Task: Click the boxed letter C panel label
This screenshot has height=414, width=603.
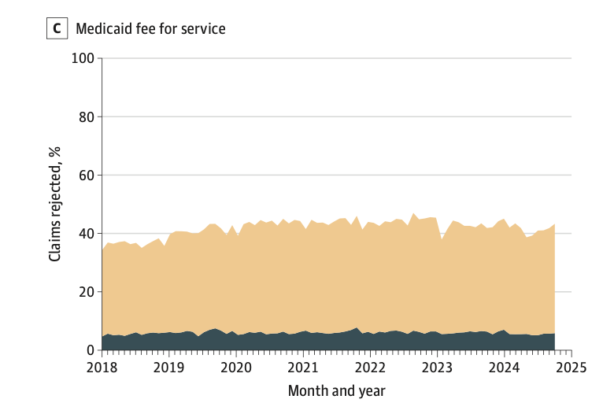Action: (x=57, y=28)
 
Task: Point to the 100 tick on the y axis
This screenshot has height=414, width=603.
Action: (x=83, y=58)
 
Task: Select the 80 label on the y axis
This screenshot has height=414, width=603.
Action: (x=87, y=116)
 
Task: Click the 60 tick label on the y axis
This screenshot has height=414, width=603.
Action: (x=87, y=176)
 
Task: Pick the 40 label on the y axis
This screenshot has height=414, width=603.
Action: (x=87, y=234)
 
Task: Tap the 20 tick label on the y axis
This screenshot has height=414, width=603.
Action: (x=87, y=292)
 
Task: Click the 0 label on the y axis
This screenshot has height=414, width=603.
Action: (x=91, y=350)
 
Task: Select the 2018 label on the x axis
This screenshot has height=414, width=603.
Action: (x=102, y=368)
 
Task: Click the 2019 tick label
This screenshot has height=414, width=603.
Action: (x=168, y=368)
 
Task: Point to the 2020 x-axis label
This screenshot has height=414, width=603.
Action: (x=236, y=368)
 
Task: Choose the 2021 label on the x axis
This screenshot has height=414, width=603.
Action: (x=303, y=368)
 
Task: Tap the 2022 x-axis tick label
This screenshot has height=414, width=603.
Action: (x=370, y=368)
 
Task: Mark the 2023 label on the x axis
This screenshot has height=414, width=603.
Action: (x=437, y=368)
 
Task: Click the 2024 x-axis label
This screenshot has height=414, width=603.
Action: (x=504, y=368)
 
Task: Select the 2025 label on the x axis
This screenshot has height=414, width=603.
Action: (x=572, y=368)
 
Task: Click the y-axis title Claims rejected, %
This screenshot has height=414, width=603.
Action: (x=55, y=204)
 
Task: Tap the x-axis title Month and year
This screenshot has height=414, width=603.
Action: (x=336, y=391)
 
